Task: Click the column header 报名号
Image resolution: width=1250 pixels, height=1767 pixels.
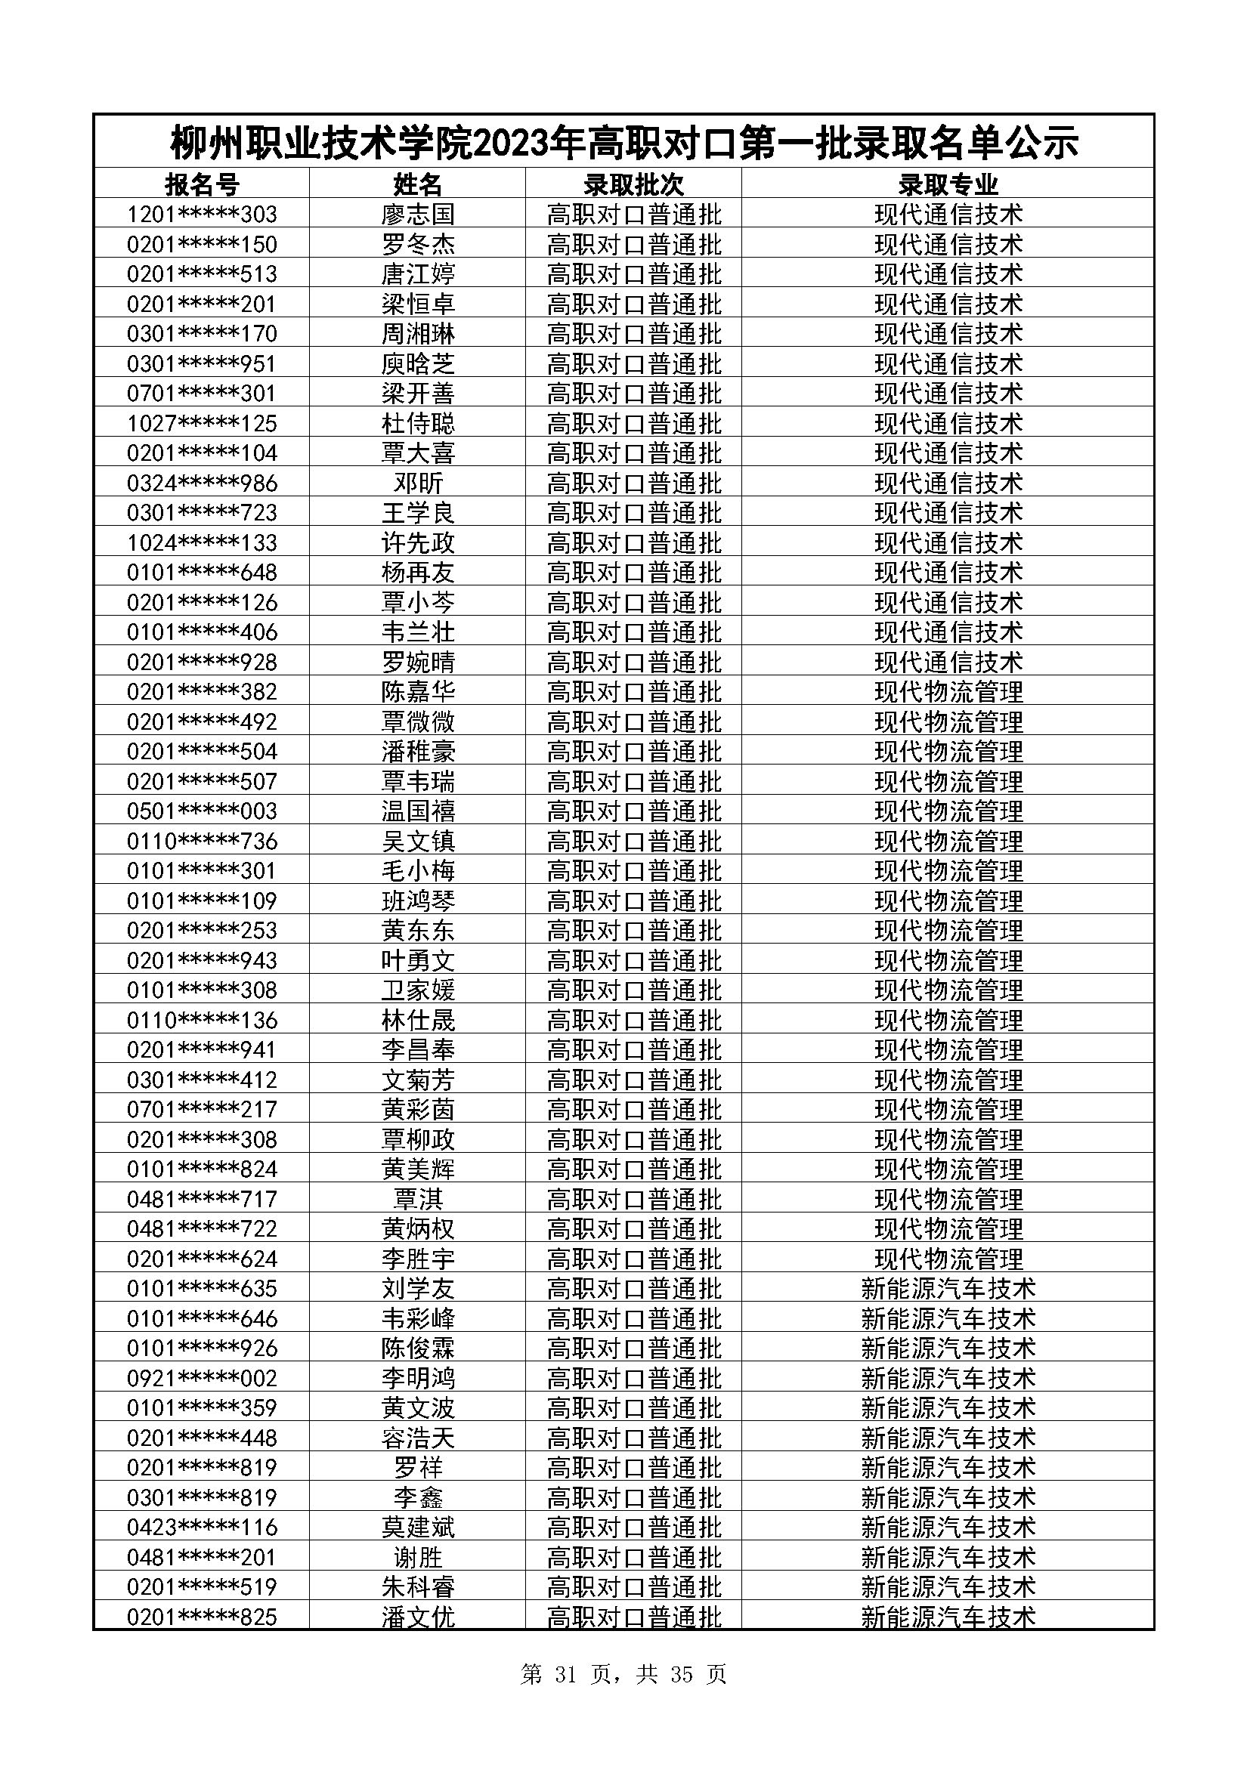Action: coord(202,184)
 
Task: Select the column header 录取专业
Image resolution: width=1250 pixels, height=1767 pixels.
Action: coord(948,184)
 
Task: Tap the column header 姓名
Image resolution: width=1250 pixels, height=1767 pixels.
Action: coord(418,184)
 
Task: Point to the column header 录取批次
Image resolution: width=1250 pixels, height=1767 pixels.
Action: coord(633,184)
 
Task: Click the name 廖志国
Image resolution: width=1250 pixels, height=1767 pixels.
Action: coord(418,214)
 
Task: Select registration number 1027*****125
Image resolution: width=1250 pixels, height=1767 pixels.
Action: coord(202,423)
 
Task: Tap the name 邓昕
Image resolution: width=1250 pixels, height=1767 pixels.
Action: coord(418,483)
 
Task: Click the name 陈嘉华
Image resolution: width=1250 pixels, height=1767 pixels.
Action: coord(418,692)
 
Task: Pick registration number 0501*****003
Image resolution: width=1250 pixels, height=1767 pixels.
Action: coord(202,811)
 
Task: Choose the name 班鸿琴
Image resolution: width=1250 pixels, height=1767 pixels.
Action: coord(418,900)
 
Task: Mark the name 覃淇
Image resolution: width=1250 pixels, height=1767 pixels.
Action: coord(418,1199)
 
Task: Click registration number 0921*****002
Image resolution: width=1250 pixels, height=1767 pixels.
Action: coord(202,1379)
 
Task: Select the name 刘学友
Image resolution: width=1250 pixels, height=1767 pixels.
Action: coord(418,1288)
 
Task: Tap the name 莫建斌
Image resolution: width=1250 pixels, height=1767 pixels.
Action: coord(418,1527)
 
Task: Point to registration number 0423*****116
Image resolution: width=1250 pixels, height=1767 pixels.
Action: coord(202,1527)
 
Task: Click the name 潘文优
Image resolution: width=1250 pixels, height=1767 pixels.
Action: coord(418,1617)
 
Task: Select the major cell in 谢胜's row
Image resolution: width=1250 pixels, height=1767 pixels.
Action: coord(948,1558)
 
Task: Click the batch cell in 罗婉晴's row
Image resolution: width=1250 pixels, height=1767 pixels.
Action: coord(633,662)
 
